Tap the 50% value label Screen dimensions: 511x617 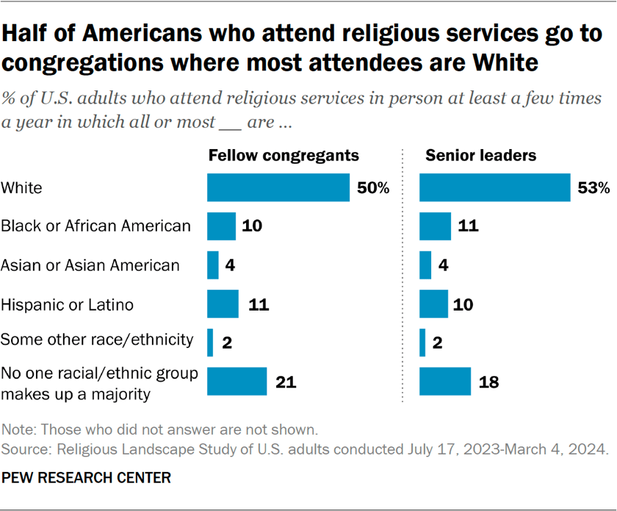[x=373, y=188]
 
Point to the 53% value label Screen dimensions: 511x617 [x=593, y=188]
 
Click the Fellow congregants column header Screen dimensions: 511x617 [x=284, y=156]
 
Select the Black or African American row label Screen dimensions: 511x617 [x=96, y=226]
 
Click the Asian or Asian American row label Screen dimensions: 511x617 [x=90, y=265]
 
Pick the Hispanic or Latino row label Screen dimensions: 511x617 [x=68, y=303]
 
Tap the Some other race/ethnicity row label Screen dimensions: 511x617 [x=97, y=341]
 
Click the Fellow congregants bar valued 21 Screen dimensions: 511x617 [x=237, y=381]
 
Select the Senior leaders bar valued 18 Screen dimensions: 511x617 [x=444, y=381]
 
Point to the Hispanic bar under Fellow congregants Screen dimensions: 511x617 [x=223, y=303]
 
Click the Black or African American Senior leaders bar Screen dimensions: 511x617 [x=435, y=226]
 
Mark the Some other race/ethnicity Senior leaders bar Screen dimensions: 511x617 [x=422, y=341]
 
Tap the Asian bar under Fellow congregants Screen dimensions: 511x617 [x=213, y=265]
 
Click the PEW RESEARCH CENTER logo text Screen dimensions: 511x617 [x=86, y=478]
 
